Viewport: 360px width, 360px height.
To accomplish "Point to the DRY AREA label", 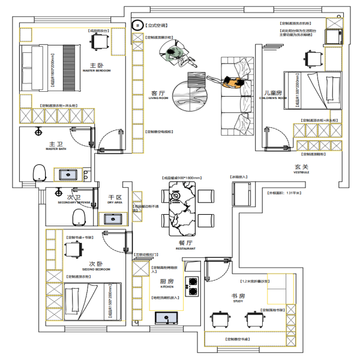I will (115, 203).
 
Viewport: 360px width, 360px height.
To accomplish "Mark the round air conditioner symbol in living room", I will (137, 26).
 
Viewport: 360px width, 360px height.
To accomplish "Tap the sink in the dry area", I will (112, 219).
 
